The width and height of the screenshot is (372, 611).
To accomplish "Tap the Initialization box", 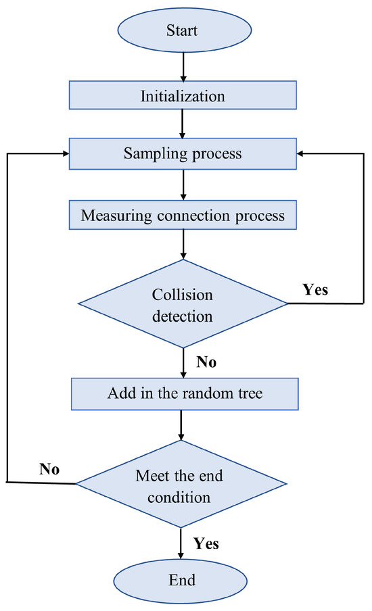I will pos(183,96).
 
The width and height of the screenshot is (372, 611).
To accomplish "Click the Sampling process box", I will pos(183,153).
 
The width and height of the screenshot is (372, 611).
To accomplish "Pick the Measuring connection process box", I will pos(183,216).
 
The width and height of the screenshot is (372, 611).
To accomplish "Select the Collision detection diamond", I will pos(183,305).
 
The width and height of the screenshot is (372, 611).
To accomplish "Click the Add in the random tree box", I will pos(183,393).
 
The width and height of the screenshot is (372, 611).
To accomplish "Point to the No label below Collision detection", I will pos(206,362).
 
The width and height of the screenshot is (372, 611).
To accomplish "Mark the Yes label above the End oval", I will pos(206,542).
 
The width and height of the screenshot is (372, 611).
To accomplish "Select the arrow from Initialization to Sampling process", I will pos(183,125).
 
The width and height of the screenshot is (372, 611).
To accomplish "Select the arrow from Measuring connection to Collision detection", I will pos(183,245).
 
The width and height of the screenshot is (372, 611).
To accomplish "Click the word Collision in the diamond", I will pos(182,295).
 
